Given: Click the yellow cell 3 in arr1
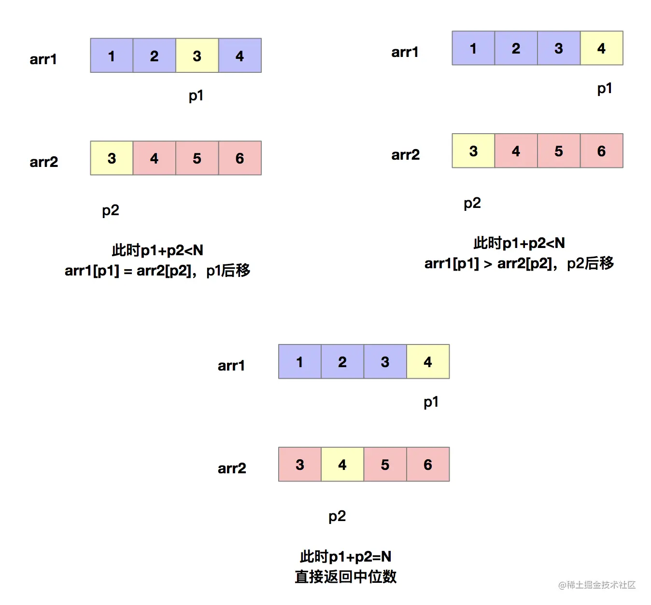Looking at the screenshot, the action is [197, 55].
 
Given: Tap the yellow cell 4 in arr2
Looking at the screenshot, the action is [342, 464].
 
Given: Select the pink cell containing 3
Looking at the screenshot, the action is [300, 464].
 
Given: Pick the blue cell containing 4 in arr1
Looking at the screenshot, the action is [240, 55].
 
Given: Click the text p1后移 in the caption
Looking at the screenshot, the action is [228, 271].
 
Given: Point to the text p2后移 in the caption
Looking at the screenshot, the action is [590, 263].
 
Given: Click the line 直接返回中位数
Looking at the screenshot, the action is [345, 577].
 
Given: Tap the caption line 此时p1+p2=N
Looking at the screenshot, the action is [345, 556].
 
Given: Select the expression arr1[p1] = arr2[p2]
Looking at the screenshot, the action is [127, 271].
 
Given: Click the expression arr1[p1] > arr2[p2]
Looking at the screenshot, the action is [488, 263].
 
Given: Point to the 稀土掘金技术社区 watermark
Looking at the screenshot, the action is [597, 585].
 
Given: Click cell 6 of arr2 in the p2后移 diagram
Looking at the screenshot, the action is [602, 151].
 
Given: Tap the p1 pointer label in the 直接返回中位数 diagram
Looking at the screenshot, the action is [431, 402].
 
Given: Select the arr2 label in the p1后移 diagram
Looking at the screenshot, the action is [43, 162].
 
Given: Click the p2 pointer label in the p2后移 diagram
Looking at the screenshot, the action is [472, 203].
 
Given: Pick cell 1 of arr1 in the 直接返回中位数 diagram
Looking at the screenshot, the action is [300, 362].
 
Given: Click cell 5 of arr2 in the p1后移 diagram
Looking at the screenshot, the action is [197, 158].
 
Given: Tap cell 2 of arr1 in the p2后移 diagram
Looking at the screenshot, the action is [516, 48].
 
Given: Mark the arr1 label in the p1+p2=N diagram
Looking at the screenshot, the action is [231, 366].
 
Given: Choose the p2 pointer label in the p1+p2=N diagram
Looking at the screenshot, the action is [337, 516].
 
